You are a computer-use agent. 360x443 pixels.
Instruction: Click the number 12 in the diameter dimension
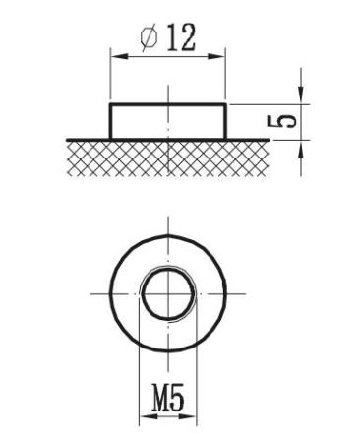pyautogui.click(x=181, y=37)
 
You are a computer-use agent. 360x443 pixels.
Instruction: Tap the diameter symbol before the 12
pyautogui.click(x=150, y=38)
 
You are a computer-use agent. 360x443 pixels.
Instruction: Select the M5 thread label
pyautogui.click(x=168, y=399)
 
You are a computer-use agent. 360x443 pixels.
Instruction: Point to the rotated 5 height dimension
pyautogui.click(x=282, y=122)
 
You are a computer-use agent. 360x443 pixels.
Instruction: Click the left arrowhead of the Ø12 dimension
pyautogui.click(x=119, y=57)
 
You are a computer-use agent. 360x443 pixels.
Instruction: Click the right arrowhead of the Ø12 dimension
pyautogui.click(x=216, y=57)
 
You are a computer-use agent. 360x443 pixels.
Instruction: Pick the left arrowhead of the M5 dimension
pyautogui.click(x=148, y=416)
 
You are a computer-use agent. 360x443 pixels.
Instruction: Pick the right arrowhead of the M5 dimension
pyautogui.click(x=188, y=416)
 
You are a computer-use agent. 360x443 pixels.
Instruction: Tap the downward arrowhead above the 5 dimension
pyautogui.click(x=301, y=95)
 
